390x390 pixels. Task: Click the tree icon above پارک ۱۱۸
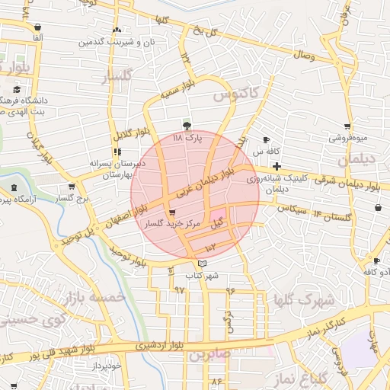187,126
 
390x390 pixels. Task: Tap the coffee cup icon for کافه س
266,139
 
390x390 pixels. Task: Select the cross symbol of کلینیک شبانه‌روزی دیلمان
276,166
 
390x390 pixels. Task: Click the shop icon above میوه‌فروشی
347,126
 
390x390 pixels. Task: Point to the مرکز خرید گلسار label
174,225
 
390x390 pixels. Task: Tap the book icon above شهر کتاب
201,264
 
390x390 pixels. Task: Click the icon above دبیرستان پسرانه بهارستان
116,151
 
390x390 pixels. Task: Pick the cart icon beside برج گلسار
72,187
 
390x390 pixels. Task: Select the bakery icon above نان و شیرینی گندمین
116,30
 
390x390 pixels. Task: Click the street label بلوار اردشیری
158,345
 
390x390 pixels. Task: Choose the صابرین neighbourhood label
210,354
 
